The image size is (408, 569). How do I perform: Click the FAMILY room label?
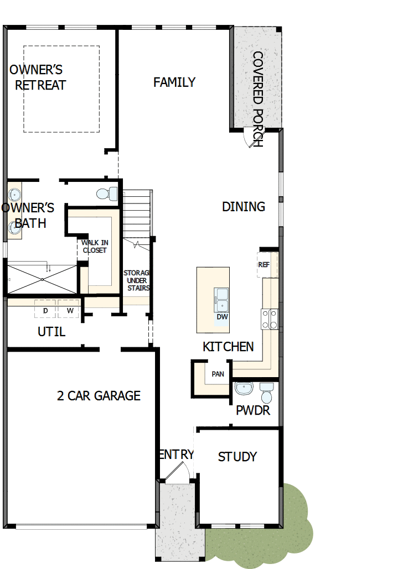[x=174, y=82]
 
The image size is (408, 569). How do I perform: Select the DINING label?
[x=244, y=207]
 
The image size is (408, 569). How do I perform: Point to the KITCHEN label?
[x=228, y=347]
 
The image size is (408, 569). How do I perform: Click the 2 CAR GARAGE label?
[x=99, y=396]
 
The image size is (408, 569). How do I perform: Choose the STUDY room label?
[x=237, y=457]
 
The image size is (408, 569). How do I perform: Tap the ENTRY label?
[x=177, y=455]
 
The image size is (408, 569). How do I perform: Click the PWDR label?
[x=252, y=411]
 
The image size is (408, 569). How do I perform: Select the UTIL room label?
[x=51, y=332]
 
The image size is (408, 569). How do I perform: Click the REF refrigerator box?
[x=264, y=265]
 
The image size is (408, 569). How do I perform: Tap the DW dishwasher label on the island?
[x=223, y=317]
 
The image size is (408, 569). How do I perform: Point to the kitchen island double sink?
[x=223, y=299]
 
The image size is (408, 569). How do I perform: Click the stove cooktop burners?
[x=270, y=319]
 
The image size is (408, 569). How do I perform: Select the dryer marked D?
[x=45, y=310]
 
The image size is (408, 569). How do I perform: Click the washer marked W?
[x=70, y=310]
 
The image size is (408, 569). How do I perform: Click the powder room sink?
[x=244, y=389]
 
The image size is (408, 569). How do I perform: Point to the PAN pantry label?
[x=218, y=374]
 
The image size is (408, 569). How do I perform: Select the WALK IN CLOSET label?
[x=94, y=246]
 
